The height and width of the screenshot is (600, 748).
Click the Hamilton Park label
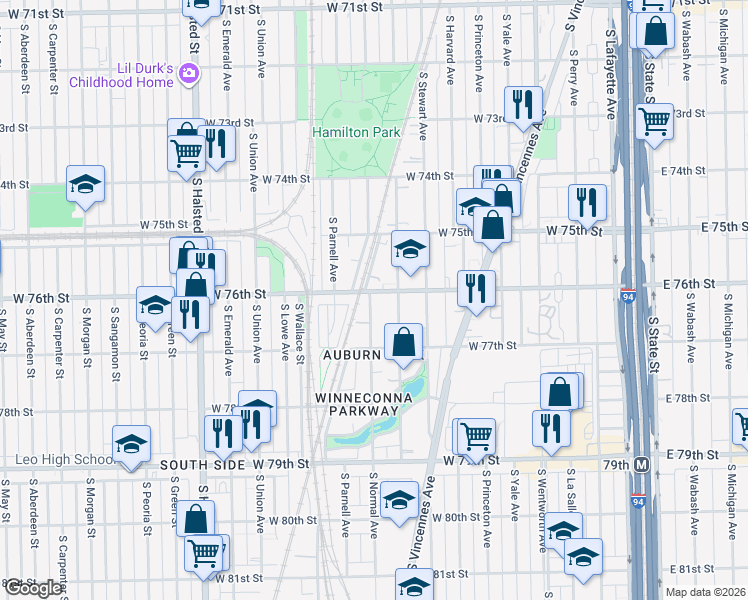(x=356, y=132)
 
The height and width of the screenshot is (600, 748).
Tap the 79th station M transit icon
(x=641, y=465)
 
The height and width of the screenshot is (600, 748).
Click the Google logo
(x=32, y=588)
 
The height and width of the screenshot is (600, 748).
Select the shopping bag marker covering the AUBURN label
(x=402, y=342)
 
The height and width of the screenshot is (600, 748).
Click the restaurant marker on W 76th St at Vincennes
(x=476, y=288)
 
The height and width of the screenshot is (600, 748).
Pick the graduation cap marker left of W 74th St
(x=86, y=185)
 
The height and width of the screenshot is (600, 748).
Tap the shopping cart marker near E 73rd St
(x=654, y=122)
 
